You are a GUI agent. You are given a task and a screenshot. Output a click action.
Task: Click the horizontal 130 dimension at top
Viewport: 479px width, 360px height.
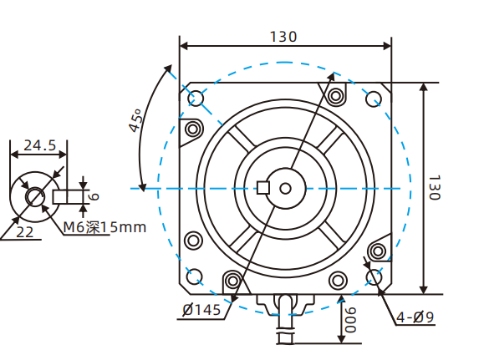(x=284, y=37)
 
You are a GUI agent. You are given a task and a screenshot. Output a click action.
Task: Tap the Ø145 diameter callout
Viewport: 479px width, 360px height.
(x=201, y=311)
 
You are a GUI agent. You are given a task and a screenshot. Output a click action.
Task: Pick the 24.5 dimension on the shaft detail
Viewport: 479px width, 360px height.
(x=39, y=145)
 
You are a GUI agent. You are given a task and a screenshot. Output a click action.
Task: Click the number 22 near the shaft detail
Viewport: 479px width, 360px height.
(x=24, y=232)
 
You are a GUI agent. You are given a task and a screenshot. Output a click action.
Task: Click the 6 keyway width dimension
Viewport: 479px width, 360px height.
(x=94, y=196)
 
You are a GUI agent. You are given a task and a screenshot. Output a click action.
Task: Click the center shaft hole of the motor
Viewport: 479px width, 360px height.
(x=286, y=188)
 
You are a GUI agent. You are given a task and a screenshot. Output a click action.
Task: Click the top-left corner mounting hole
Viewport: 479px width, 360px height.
(x=196, y=99)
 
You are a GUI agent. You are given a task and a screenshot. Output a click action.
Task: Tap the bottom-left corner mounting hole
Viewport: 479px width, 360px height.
(x=196, y=276)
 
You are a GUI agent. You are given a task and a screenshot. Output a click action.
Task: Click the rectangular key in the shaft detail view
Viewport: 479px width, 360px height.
(x=69, y=197)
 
